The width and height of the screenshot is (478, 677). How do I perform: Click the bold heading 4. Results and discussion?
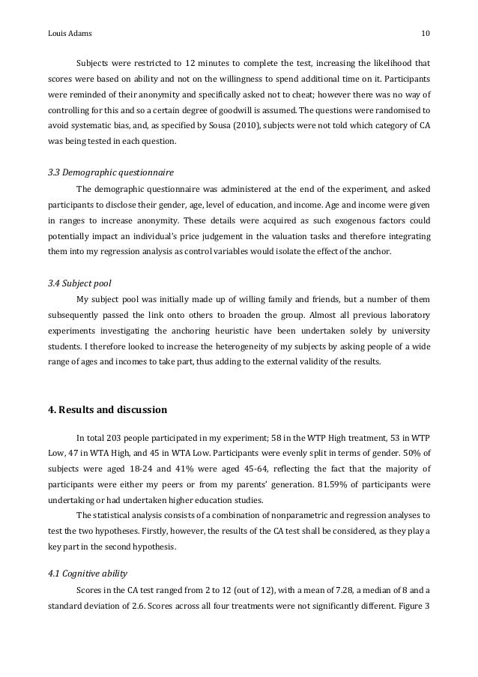click(108, 410)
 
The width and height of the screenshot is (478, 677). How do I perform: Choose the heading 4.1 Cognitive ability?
click(86, 575)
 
